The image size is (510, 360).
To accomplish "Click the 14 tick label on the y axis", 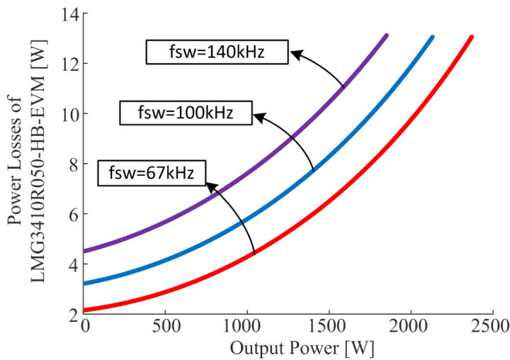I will (x=69, y=13).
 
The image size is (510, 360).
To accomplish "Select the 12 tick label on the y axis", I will (x=69, y=64).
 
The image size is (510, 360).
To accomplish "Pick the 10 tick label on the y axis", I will (x=69, y=113).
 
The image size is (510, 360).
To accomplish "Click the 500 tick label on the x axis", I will (x=165, y=328).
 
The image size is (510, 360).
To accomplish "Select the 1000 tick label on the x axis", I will (x=246, y=328).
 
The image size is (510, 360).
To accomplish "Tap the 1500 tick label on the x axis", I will (x=328, y=328).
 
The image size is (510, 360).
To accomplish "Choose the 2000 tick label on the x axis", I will (x=410, y=328).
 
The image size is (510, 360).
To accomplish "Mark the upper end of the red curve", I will (x=471, y=37).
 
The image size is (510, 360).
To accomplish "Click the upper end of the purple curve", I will (x=387, y=35).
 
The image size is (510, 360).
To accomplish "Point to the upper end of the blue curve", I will (x=432, y=37).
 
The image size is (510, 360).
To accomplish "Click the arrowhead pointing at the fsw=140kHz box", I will (x=295, y=52).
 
